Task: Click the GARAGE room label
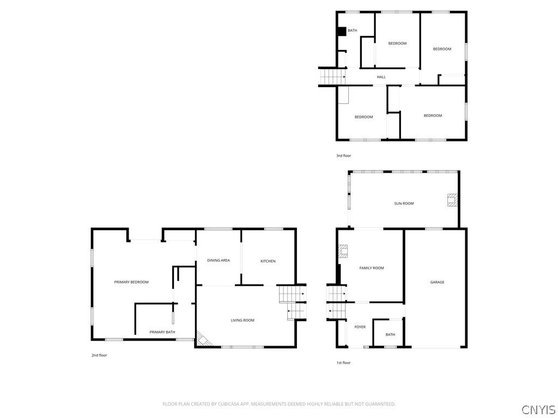coord(437,282)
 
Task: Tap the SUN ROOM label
coord(404,204)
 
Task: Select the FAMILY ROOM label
coord(372,268)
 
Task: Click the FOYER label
coord(360,327)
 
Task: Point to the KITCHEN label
coord(268,261)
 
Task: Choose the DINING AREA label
coord(218,260)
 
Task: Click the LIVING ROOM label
coord(242,320)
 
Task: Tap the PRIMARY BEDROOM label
coord(131,282)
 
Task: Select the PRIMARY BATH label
coord(162,332)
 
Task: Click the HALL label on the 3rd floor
coord(381,77)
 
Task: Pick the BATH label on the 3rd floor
coord(353,30)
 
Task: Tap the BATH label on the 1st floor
coord(390,335)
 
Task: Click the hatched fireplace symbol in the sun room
coord(452,200)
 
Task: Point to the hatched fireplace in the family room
coord(342,251)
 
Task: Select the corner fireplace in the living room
coord(204,340)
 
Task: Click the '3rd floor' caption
coord(343,156)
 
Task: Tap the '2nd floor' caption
coord(99,355)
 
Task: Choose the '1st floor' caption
coord(343,362)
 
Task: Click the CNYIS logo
coord(538,409)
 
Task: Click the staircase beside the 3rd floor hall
coord(332,77)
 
